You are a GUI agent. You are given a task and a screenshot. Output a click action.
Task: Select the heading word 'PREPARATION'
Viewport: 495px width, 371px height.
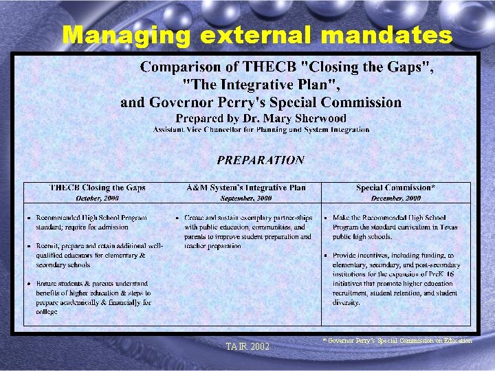point(261,160)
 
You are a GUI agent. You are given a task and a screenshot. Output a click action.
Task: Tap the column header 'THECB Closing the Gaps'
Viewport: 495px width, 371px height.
point(98,188)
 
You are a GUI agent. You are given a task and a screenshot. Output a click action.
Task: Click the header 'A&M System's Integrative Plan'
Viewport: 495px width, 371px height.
point(246,188)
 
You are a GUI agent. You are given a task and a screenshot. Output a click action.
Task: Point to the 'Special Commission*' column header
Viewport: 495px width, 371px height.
point(395,188)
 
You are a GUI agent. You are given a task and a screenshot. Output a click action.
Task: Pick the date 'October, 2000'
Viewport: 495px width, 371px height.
point(98,198)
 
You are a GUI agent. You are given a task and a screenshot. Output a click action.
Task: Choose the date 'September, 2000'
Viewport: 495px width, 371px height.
point(246,198)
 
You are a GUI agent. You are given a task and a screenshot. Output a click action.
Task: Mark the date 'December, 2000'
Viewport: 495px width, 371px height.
point(395,198)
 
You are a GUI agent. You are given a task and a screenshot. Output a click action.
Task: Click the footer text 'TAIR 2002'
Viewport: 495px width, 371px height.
point(247,346)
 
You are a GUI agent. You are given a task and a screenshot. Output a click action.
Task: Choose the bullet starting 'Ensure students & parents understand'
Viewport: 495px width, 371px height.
point(93,297)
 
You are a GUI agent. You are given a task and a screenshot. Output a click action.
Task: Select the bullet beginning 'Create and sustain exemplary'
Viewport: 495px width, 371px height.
point(247,232)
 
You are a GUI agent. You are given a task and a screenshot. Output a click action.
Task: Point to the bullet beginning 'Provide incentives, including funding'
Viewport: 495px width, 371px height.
point(396,278)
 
